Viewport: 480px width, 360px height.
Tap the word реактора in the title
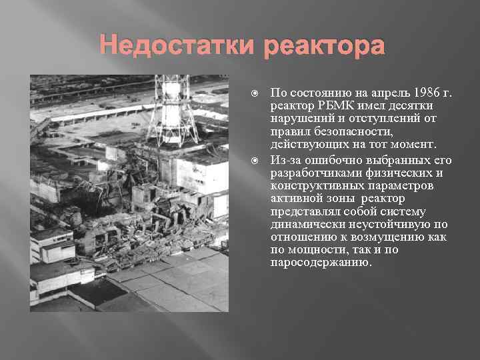[x=325, y=47]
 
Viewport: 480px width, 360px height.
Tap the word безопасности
[x=340, y=132]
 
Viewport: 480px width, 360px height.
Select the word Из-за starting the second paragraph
[x=286, y=160]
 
